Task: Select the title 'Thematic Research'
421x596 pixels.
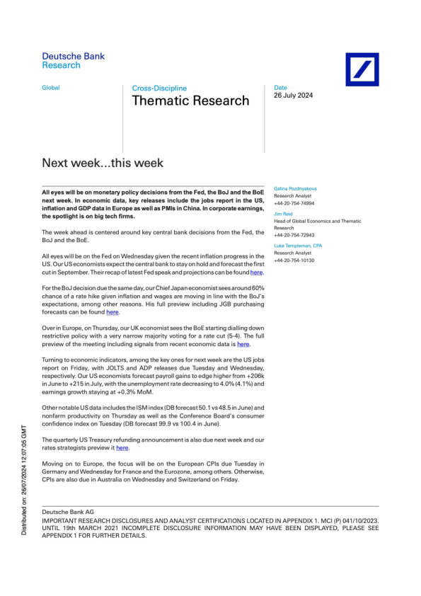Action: (190, 101)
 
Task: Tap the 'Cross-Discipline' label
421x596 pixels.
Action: (159, 88)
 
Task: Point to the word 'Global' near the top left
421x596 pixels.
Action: (51, 88)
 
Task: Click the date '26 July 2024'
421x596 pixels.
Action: (293, 96)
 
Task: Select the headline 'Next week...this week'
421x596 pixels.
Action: (103, 163)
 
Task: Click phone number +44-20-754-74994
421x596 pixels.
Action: (294, 202)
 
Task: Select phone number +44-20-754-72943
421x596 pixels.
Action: (294, 235)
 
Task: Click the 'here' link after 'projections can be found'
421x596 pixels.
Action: (257, 272)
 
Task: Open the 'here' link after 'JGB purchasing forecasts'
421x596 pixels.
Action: (113, 311)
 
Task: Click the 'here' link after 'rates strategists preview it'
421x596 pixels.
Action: (122, 448)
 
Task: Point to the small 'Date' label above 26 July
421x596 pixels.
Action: (280, 88)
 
